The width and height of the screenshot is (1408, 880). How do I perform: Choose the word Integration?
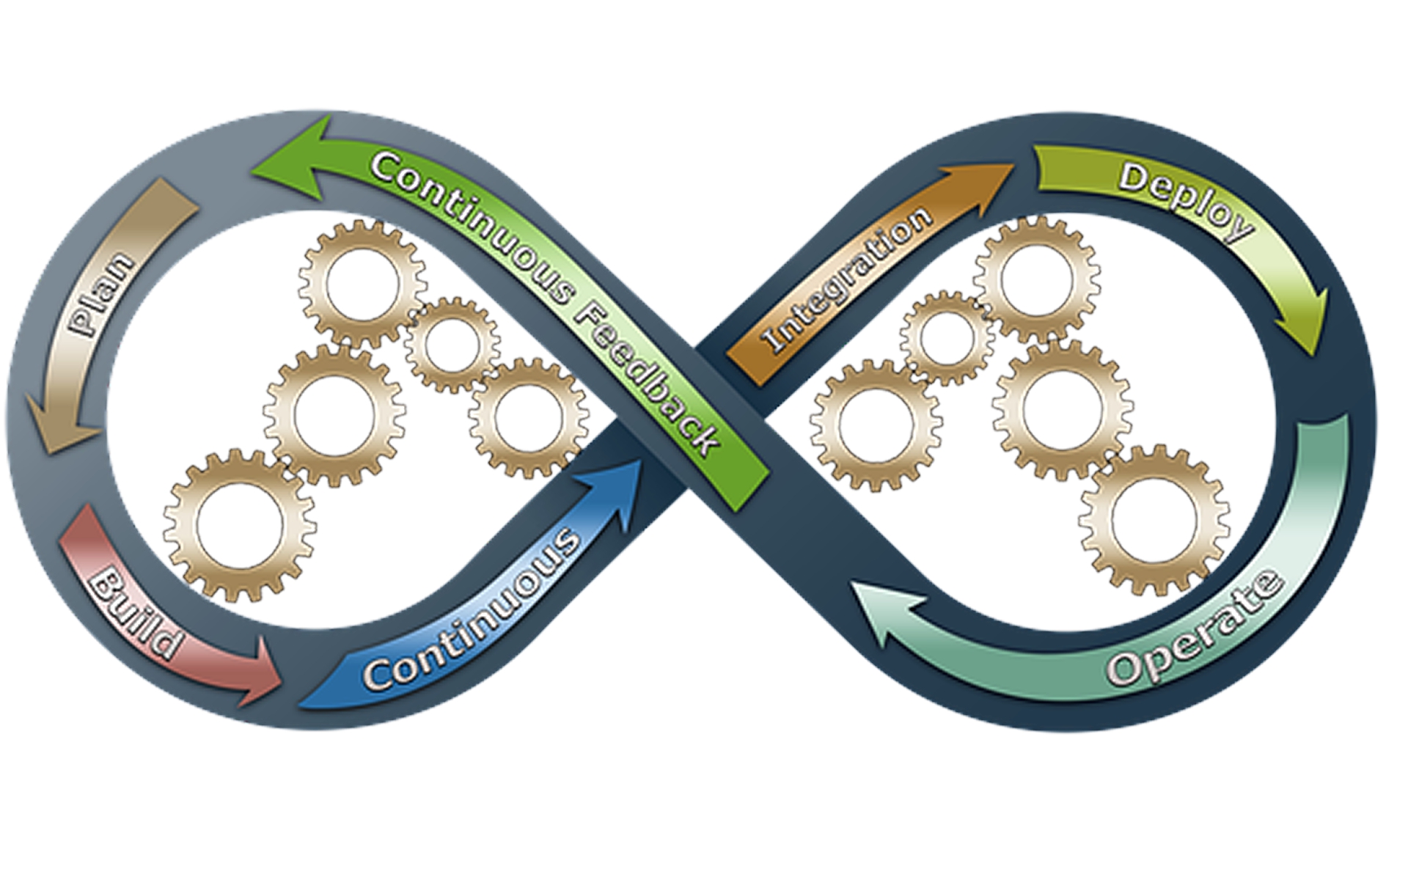(x=847, y=279)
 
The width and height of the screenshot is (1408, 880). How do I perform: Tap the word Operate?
(x=1195, y=631)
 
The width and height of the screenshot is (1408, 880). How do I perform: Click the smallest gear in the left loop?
(x=452, y=345)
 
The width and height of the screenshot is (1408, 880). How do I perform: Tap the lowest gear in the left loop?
(x=239, y=525)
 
